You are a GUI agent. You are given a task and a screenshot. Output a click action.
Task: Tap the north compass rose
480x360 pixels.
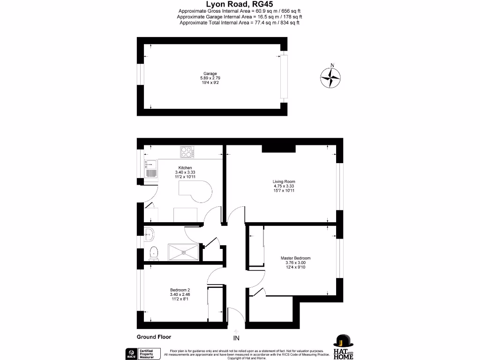[x=331, y=77]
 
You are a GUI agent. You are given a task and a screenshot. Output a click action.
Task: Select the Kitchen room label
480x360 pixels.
[x=185, y=168]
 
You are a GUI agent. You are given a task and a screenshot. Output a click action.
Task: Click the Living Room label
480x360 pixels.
[x=284, y=181]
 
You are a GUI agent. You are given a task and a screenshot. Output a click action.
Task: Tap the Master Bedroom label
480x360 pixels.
[x=295, y=258]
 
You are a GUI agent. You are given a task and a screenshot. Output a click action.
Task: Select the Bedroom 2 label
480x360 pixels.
[x=180, y=290]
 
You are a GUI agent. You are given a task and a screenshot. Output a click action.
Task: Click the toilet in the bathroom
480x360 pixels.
[x=153, y=254]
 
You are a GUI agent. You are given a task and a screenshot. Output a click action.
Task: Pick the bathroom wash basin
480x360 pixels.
[x=149, y=233]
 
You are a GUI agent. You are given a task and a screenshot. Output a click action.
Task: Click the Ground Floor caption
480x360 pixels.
[x=154, y=337]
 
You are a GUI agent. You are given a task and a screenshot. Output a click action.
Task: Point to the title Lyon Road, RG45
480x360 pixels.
[x=240, y=4]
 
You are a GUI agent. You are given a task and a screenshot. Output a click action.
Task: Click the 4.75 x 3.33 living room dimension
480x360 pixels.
[x=284, y=186]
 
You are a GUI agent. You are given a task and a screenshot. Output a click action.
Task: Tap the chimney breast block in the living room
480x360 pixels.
[x=278, y=149]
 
